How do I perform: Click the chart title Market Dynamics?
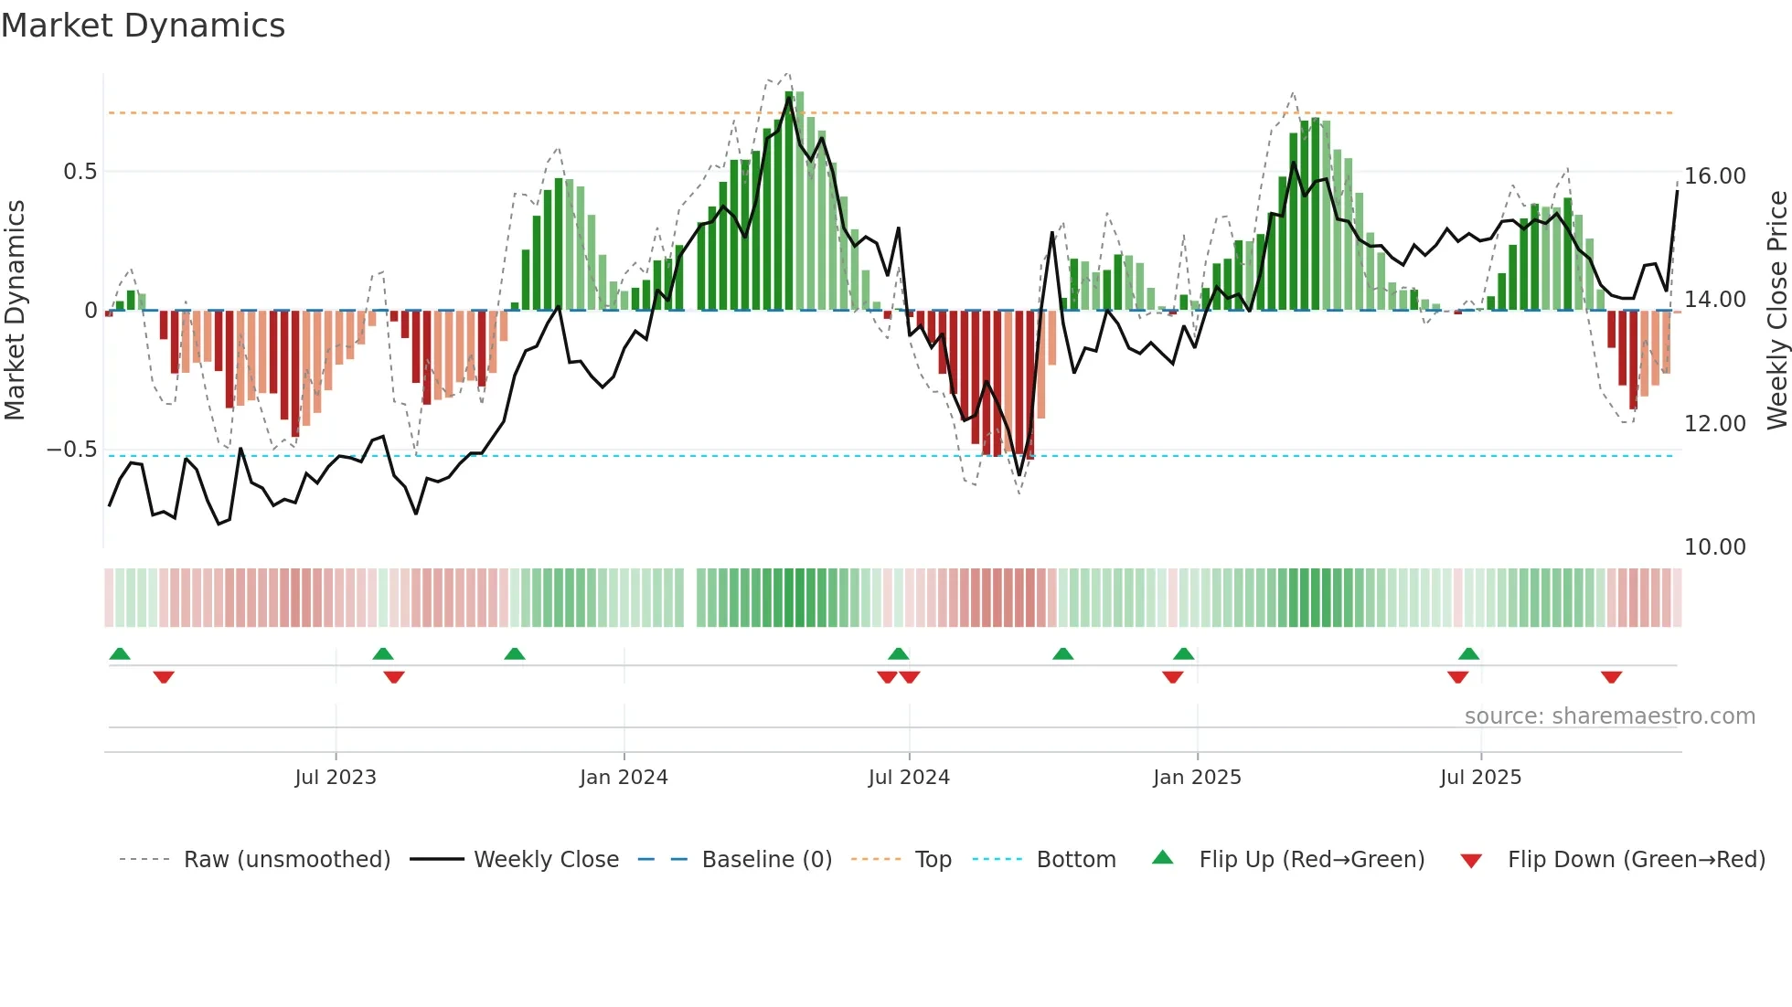[143, 26]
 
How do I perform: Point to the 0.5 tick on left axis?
[80, 172]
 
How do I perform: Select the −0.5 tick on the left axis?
[71, 450]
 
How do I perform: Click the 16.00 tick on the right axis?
[1714, 176]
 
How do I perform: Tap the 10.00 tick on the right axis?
[1714, 547]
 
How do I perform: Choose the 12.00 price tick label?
[1714, 424]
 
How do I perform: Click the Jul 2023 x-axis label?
[336, 778]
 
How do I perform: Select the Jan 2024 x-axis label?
[624, 778]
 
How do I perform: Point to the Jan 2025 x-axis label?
[1197, 778]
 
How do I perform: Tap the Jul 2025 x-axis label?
[1480, 778]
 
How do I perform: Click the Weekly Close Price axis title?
[1776, 310]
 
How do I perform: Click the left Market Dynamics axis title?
[15, 310]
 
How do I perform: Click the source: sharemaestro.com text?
[1609, 716]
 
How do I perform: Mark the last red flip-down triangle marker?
[1611, 677]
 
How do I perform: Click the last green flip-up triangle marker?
[1468, 653]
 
